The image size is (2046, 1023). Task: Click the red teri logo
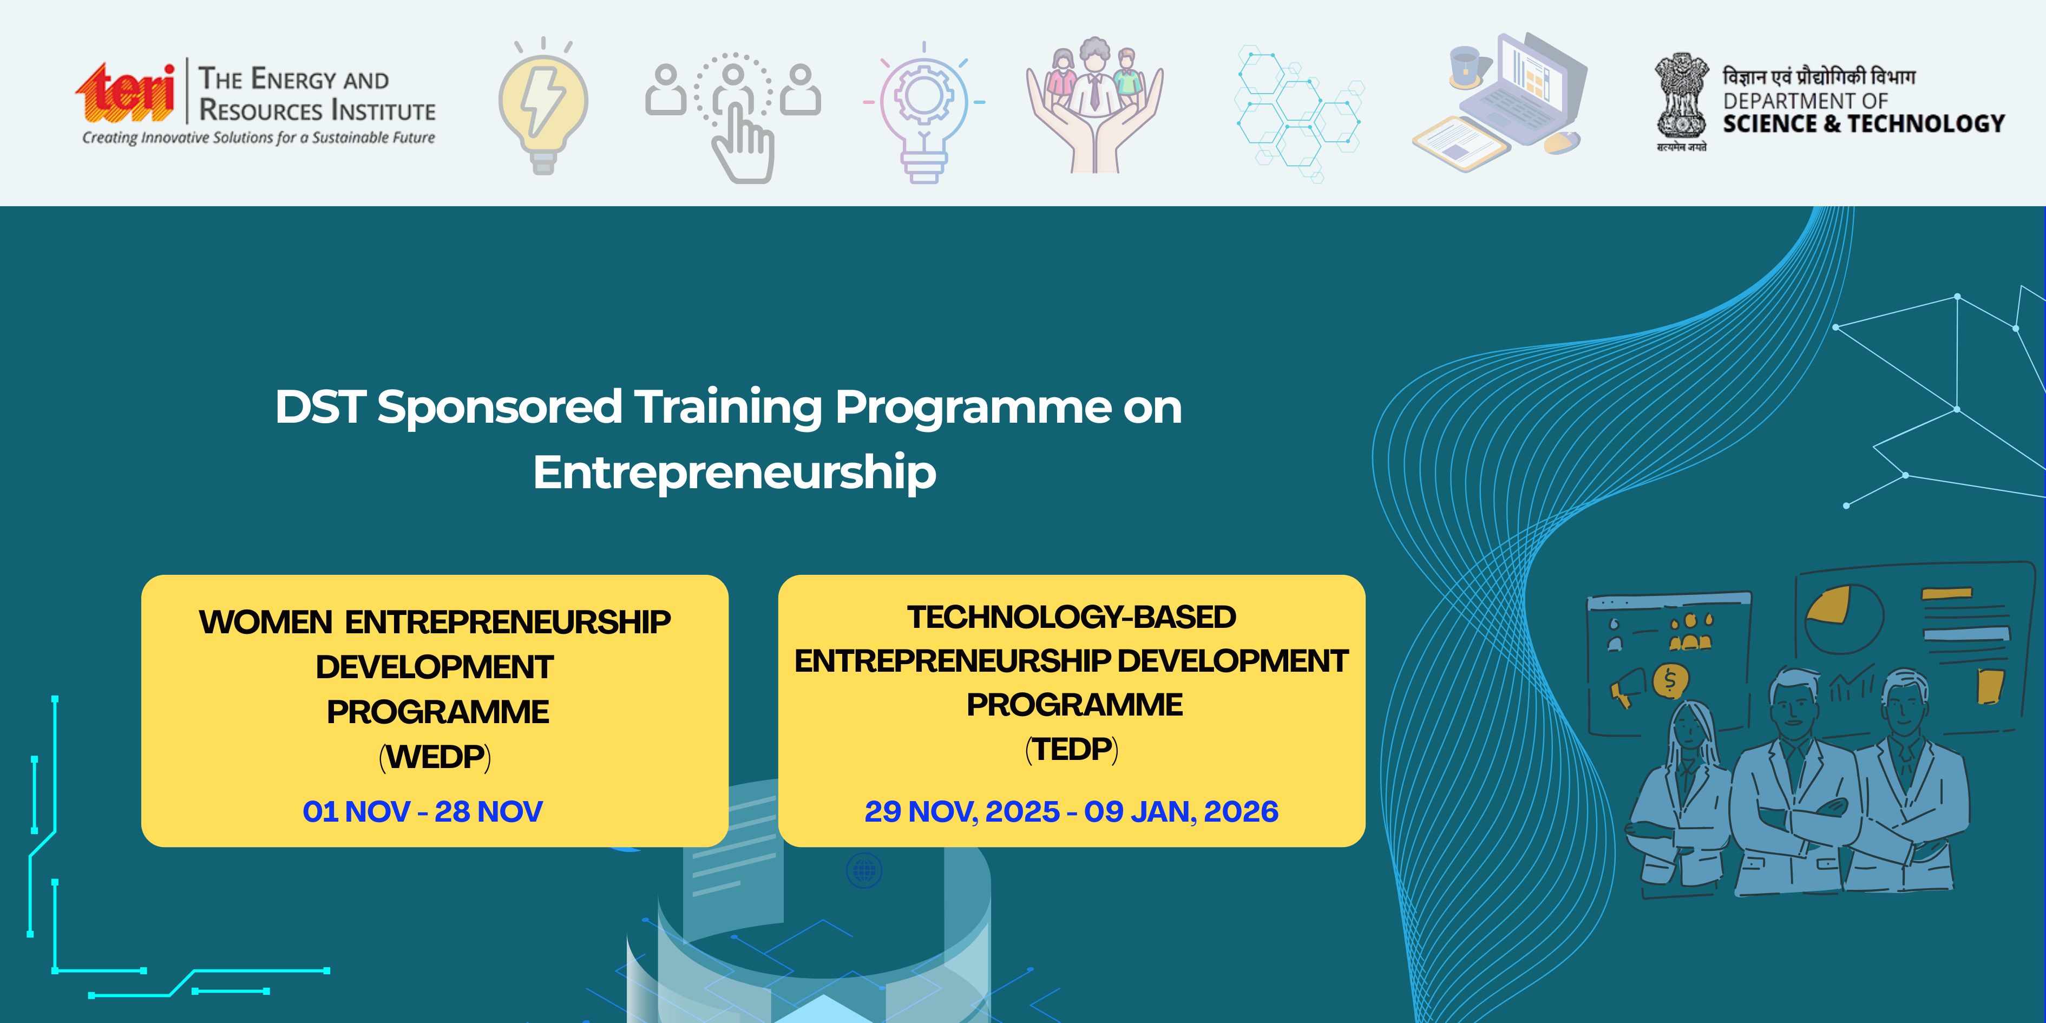[126, 94]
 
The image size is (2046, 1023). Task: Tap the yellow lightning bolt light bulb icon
[543, 106]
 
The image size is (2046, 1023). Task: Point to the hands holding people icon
[1094, 105]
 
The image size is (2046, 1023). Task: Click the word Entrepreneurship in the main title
[735, 473]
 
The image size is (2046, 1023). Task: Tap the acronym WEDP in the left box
[435, 757]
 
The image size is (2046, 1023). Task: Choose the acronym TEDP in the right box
[1072, 749]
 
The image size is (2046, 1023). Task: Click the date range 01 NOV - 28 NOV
[423, 811]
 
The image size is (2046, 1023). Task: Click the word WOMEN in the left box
[266, 622]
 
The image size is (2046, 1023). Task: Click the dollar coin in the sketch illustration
[1670, 681]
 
